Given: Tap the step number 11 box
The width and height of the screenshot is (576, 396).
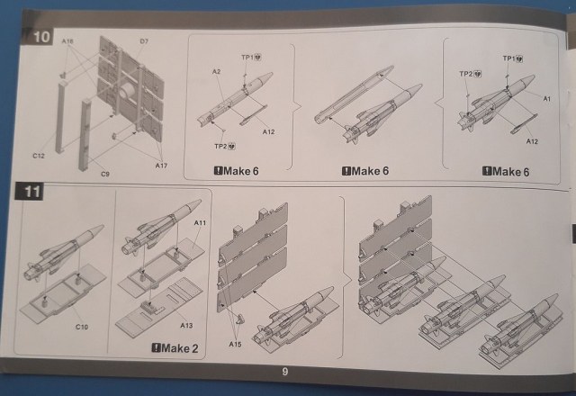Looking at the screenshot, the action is coord(32,192).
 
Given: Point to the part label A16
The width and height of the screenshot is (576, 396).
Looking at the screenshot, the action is coord(67,41).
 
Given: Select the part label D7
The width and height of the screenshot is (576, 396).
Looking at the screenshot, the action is coord(144,41).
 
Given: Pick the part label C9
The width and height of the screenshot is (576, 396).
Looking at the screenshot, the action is coord(105,173).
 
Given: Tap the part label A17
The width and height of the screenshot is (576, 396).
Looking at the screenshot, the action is coord(161,166).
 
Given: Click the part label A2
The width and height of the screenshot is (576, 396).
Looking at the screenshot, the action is coord(216,70).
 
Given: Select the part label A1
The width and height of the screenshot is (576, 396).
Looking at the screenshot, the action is coord(546,95).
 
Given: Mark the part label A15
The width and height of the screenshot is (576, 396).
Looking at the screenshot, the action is coord(235,345).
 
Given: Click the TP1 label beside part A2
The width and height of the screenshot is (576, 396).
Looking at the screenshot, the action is coord(248,57).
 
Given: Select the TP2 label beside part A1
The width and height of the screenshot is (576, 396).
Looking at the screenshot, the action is coord(467,74).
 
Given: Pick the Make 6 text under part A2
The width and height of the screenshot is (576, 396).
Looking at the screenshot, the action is coord(235,171).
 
